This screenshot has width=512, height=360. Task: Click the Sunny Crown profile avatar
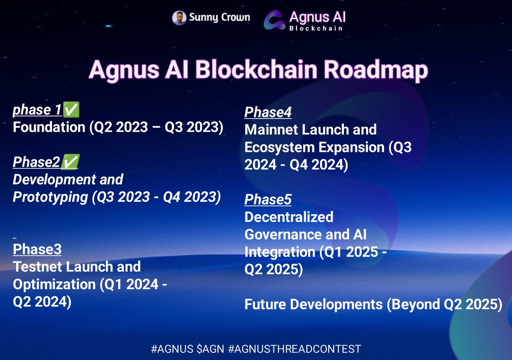[179, 18]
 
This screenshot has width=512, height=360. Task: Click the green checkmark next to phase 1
[71, 110]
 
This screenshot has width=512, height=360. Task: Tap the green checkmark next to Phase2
[70, 162]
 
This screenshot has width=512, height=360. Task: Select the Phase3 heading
[37, 249]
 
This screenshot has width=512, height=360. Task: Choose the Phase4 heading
[268, 112]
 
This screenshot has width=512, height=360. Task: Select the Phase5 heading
[268, 199]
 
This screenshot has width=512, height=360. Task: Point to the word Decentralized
[289, 217]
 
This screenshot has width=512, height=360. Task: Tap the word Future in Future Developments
[265, 304]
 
